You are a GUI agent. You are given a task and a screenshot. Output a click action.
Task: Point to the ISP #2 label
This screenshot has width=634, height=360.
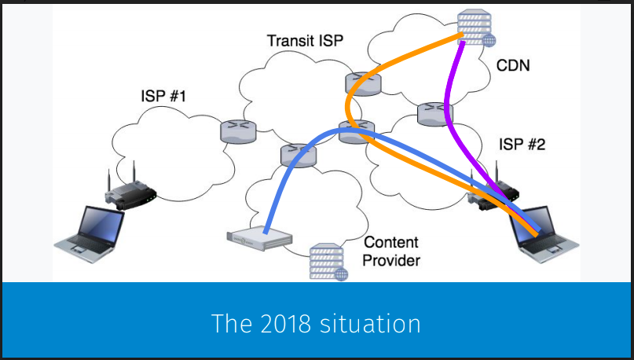tap(524, 145)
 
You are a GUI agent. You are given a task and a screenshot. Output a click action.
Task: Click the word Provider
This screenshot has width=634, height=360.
tap(391, 260)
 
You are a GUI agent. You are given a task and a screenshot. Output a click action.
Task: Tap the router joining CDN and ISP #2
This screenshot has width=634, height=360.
tap(431, 112)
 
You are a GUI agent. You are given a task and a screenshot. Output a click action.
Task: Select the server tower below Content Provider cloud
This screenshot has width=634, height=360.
tap(328, 262)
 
